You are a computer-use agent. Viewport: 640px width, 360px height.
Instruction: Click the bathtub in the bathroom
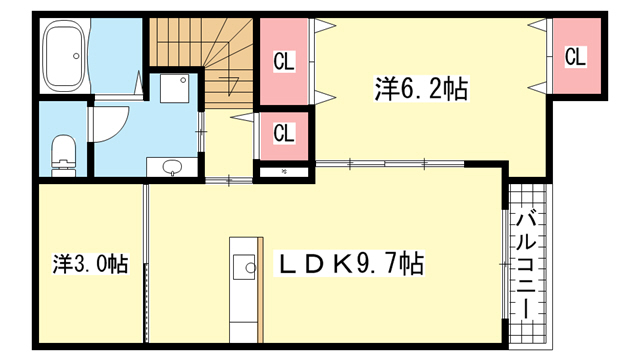64,56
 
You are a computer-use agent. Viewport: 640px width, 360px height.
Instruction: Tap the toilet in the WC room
64,156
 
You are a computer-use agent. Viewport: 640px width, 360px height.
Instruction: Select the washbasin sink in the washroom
172,167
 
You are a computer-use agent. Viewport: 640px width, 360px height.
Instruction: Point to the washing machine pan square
174,88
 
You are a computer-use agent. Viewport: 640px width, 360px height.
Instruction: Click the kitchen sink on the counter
244,267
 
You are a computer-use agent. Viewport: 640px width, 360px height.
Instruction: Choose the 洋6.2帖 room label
421,89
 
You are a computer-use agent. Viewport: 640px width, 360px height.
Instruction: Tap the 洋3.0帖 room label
91,264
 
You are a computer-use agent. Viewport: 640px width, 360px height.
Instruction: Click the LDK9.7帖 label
350,264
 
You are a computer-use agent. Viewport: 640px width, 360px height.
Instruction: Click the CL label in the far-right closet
575,57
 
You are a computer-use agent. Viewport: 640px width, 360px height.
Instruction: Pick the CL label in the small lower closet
284,133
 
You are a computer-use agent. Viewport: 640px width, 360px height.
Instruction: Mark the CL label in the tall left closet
284,62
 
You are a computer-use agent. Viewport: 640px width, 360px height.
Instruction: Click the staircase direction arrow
229,84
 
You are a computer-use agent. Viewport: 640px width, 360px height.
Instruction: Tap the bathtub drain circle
76,56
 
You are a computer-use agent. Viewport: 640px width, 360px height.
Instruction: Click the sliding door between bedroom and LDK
390,164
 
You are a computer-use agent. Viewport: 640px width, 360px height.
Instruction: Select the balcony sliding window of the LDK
505,264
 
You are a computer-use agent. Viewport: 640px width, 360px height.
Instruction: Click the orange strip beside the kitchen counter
260,291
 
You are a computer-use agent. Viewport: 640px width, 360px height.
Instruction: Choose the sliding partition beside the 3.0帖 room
146,264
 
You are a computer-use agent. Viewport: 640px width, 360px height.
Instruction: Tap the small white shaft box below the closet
284,172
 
